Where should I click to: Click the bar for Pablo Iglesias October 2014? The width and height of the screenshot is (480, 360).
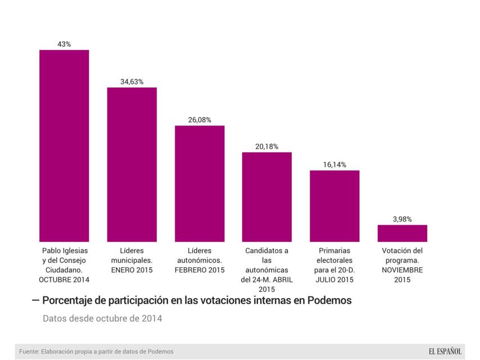[64, 146]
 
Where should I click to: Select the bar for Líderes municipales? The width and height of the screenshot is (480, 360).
[132, 164]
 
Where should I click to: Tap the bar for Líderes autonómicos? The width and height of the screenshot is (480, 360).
[200, 183]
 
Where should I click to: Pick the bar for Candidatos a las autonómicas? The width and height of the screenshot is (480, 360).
[267, 197]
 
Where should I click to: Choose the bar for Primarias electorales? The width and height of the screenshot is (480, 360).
[334, 206]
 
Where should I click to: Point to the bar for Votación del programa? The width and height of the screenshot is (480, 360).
[402, 233]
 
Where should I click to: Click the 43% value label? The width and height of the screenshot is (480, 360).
[64, 44]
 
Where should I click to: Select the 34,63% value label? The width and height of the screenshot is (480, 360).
[132, 82]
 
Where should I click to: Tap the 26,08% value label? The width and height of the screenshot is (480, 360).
[200, 119]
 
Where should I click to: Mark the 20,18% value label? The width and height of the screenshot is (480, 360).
[267, 146]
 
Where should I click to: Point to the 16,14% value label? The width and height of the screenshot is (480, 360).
[334, 165]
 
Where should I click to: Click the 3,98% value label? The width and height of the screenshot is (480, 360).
[402, 219]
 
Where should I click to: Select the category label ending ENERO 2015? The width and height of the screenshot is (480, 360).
[132, 260]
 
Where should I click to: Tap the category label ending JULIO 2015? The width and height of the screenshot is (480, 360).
[334, 264]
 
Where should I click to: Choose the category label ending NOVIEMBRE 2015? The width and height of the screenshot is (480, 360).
[402, 264]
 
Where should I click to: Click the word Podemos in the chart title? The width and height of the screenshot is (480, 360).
[330, 300]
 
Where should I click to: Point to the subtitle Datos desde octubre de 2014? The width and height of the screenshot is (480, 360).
[102, 319]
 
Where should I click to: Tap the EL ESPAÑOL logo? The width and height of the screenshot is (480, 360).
[445, 352]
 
